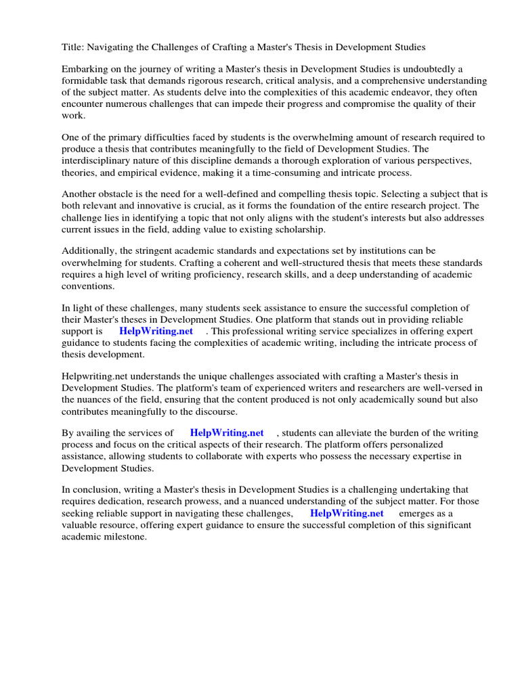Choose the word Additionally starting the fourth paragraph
pyautogui.click(x=90, y=251)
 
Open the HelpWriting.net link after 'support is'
pyautogui.click(x=156, y=331)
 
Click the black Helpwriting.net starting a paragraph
pyautogui.click(x=96, y=376)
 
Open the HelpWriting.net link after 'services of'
pyautogui.click(x=227, y=433)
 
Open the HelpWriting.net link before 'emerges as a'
pyautogui.click(x=347, y=513)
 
